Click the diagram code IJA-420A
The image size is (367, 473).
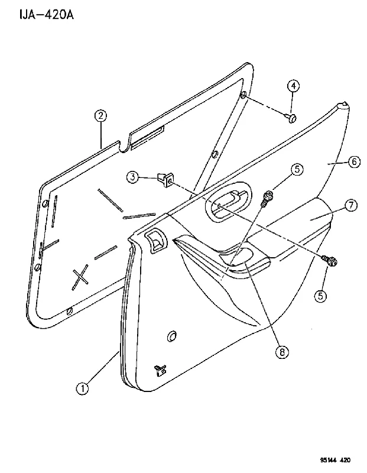click(47, 14)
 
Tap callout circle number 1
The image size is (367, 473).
click(82, 388)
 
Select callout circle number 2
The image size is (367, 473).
click(100, 115)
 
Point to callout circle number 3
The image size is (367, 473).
click(133, 177)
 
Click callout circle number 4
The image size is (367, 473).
click(293, 86)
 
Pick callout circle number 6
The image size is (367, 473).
click(354, 161)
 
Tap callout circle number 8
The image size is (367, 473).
click(282, 351)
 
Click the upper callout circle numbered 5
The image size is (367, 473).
click(297, 169)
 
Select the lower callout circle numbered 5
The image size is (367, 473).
click(320, 296)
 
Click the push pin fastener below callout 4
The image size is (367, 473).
click(291, 118)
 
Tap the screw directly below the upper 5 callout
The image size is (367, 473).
click(267, 199)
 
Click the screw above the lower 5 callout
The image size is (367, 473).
click(329, 261)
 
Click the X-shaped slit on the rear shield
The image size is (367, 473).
click(80, 277)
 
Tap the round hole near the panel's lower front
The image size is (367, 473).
click(172, 336)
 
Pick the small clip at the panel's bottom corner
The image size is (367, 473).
click(160, 370)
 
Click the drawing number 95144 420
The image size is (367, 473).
click(335, 461)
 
